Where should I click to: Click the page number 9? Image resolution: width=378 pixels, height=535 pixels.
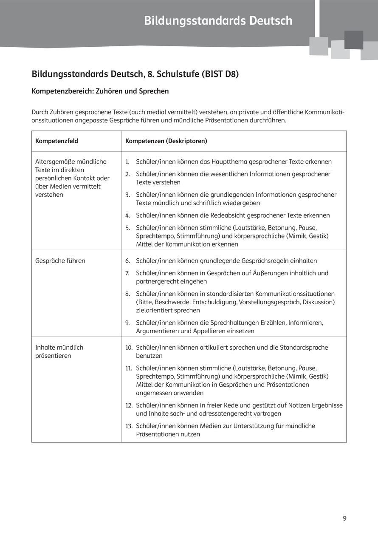coord(344,518)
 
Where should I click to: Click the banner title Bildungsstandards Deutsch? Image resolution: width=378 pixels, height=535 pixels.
coord(218,20)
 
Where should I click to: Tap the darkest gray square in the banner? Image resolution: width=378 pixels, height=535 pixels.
coord(353,40)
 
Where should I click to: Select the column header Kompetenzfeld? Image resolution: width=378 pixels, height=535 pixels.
coord(56,141)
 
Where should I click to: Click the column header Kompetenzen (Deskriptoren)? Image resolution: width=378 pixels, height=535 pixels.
coord(166,141)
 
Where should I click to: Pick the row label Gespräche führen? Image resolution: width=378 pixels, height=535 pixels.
coord(60,260)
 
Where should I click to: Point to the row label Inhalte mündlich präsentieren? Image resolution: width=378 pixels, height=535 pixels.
coord(59,351)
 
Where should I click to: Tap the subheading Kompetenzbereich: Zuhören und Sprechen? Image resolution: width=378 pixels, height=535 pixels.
coord(100,91)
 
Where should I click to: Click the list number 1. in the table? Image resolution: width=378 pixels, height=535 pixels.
coord(127,162)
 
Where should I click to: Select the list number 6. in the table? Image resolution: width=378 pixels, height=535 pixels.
coord(127,261)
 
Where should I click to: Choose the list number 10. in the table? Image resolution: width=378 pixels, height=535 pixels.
coord(129,348)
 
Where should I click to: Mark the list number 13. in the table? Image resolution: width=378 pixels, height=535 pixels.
coord(129,426)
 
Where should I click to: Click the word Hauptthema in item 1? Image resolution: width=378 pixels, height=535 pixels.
coord(229,161)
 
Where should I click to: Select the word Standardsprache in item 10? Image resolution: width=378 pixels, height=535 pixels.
coord(304,347)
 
